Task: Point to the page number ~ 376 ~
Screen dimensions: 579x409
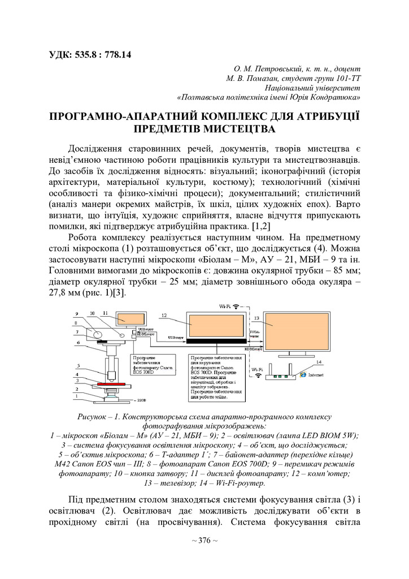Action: (x=204, y=541)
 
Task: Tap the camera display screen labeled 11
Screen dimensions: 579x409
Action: (x=130, y=319)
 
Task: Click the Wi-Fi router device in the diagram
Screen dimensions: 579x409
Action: (x=281, y=375)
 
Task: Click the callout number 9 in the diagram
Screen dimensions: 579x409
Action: (x=77, y=314)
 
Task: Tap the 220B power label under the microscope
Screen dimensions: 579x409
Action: (x=141, y=400)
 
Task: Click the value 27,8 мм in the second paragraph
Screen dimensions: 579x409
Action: (x=69, y=294)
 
